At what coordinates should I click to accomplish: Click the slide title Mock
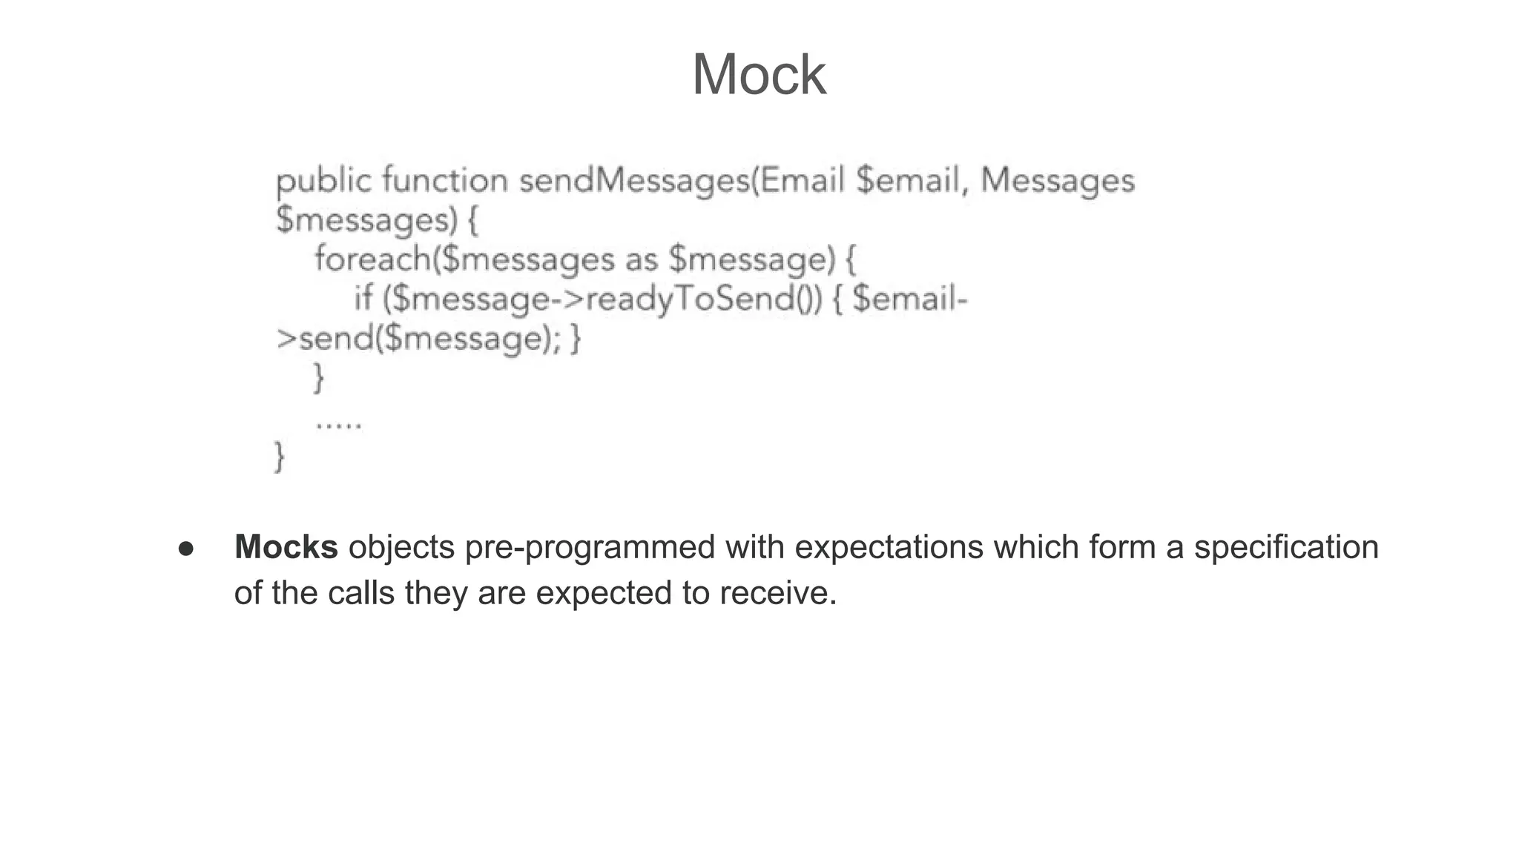click(x=758, y=75)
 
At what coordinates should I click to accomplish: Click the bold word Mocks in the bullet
click(x=286, y=547)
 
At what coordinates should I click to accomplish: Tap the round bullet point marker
click(x=186, y=549)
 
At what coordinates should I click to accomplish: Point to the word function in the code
click(x=445, y=180)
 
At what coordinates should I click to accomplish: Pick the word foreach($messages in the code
click(x=464, y=259)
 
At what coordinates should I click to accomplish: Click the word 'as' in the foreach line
click(x=641, y=259)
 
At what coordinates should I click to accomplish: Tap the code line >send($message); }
click(x=428, y=339)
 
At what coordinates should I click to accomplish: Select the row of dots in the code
click(x=338, y=425)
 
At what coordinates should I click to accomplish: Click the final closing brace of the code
click(x=279, y=456)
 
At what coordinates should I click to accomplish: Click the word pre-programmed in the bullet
click(x=590, y=547)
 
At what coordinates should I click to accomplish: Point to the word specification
click(x=1285, y=547)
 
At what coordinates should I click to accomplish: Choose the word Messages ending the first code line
click(x=1057, y=181)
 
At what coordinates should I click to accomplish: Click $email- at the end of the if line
click(x=910, y=299)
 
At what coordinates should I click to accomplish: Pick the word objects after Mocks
click(x=401, y=547)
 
